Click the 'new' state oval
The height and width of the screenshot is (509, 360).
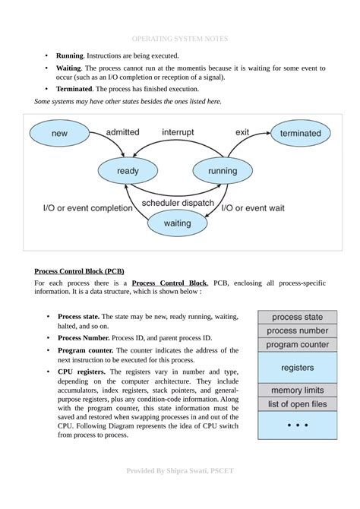pos(59,134)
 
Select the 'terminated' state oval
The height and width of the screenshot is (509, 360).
pos(300,134)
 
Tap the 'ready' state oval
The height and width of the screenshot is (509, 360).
pos(128,172)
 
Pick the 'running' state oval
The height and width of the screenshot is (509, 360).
pos(223,172)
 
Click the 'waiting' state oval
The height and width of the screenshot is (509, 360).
pos(177,223)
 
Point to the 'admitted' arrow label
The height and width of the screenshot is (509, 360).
pos(122,132)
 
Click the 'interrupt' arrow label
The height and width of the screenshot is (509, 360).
pos(178,132)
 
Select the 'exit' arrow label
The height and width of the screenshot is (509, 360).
pos(242,132)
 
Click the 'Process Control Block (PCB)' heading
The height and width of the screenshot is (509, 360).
pos(80,271)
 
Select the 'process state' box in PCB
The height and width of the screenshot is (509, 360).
pos(297,317)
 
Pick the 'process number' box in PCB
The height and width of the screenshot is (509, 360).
pos(297,330)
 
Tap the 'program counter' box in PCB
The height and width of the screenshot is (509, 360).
pos(297,345)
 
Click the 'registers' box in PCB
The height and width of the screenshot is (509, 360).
pos(297,368)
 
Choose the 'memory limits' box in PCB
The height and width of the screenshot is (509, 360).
pos(297,390)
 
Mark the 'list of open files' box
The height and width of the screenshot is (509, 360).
pos(297,404)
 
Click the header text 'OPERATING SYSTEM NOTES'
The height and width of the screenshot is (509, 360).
pos(180,38)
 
